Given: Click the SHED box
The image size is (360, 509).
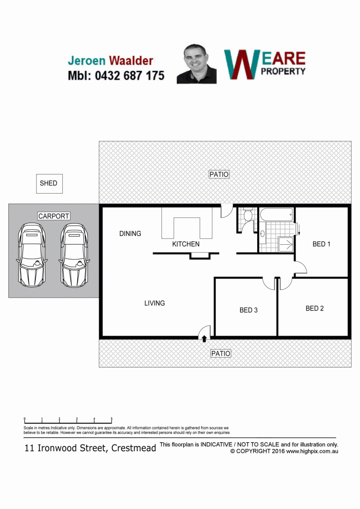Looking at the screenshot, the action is [49, 184].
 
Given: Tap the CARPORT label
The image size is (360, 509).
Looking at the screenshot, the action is [54, 216].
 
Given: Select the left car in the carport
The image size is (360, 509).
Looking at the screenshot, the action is [31, 255].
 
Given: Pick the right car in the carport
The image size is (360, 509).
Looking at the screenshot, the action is [74, 255].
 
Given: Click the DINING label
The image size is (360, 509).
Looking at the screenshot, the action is [130, 234].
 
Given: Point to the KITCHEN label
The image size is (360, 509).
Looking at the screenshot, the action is [186, 244].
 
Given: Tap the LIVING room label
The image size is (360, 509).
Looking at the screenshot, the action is [154, 303].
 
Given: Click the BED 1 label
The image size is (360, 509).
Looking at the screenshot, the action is [321, 244].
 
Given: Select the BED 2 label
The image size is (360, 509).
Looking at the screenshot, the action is [314, 308].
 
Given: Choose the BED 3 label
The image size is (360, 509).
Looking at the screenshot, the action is [248, 310].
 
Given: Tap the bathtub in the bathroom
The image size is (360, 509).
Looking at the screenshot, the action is [276, 214].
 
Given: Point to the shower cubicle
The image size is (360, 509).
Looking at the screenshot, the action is [286, 244].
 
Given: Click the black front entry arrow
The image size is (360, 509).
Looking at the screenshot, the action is [204, 339].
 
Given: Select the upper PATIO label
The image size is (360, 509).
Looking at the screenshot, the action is [219, 174].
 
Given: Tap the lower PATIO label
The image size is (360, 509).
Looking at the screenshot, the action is [221, 353].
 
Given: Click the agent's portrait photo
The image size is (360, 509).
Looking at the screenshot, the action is [196, 64].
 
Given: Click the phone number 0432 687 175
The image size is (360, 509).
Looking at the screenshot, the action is [130, 76].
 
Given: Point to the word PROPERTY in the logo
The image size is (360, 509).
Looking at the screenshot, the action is [283, 71].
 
